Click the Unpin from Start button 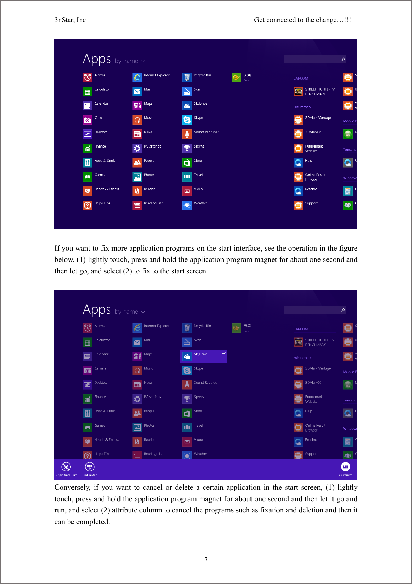click(66, 467)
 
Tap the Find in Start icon click(90, 467)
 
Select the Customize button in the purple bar click(345, 467)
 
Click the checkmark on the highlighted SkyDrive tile click(224, 353)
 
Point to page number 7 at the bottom click(206, 559)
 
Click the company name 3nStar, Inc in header click(70, 20)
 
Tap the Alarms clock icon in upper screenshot click(88, 77)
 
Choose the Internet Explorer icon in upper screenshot click(137, 77)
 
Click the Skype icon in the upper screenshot click(187, 120)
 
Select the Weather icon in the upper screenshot click(187, 205)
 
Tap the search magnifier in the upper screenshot click(343, 59)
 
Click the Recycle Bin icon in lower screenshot click(187, 328)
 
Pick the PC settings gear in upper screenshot click(137, 148)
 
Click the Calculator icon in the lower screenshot click(88, 342)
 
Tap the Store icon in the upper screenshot click(187, 162)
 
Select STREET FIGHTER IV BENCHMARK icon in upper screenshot click(298, 91)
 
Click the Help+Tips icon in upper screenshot click(88, 205)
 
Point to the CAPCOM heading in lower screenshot click(301, 329)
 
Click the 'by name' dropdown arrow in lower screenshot click(143, 312)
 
